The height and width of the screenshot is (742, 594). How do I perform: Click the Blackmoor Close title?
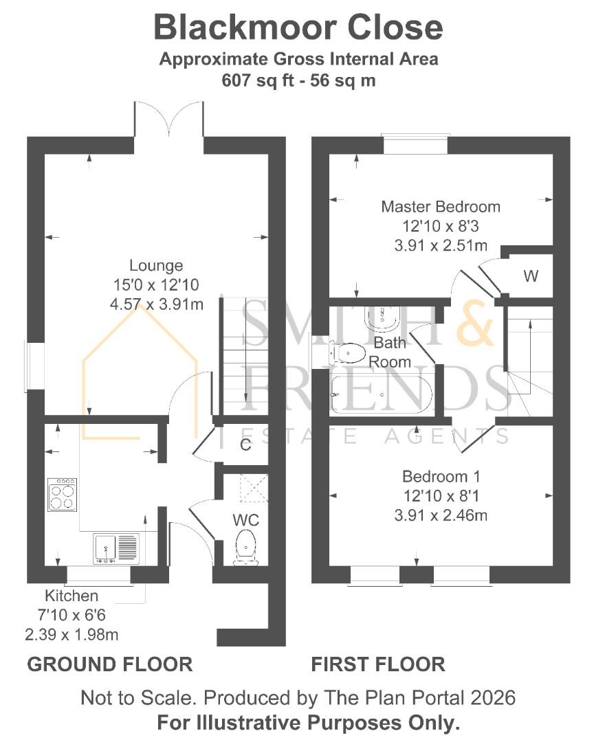click(298, 27)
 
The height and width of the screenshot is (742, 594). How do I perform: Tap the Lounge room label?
click(156, 265)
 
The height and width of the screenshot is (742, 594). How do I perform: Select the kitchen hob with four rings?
click(62, 495)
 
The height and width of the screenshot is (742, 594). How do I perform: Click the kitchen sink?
click(116, 549)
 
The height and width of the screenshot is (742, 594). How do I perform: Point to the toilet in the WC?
click(245, 548)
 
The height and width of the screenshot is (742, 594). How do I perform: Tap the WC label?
click(246, 520)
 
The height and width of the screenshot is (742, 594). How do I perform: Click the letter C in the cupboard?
click(245, 445)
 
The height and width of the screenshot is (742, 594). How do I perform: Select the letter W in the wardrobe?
click(531, 276)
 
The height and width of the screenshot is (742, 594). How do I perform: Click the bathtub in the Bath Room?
click(382, 394)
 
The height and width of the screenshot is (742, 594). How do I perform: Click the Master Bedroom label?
click(441, 207)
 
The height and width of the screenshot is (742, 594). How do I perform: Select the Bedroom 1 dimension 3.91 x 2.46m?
click(441, 515)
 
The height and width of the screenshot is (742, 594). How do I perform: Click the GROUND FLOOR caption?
click(110, 664)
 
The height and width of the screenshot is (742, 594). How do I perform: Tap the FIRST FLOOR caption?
click(378, 664)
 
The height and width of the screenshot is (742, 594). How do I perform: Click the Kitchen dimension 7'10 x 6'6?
click(71, 615)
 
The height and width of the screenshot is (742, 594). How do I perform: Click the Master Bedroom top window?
click(415, 144)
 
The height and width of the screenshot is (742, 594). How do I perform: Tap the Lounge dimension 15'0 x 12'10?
click(156, 285)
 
